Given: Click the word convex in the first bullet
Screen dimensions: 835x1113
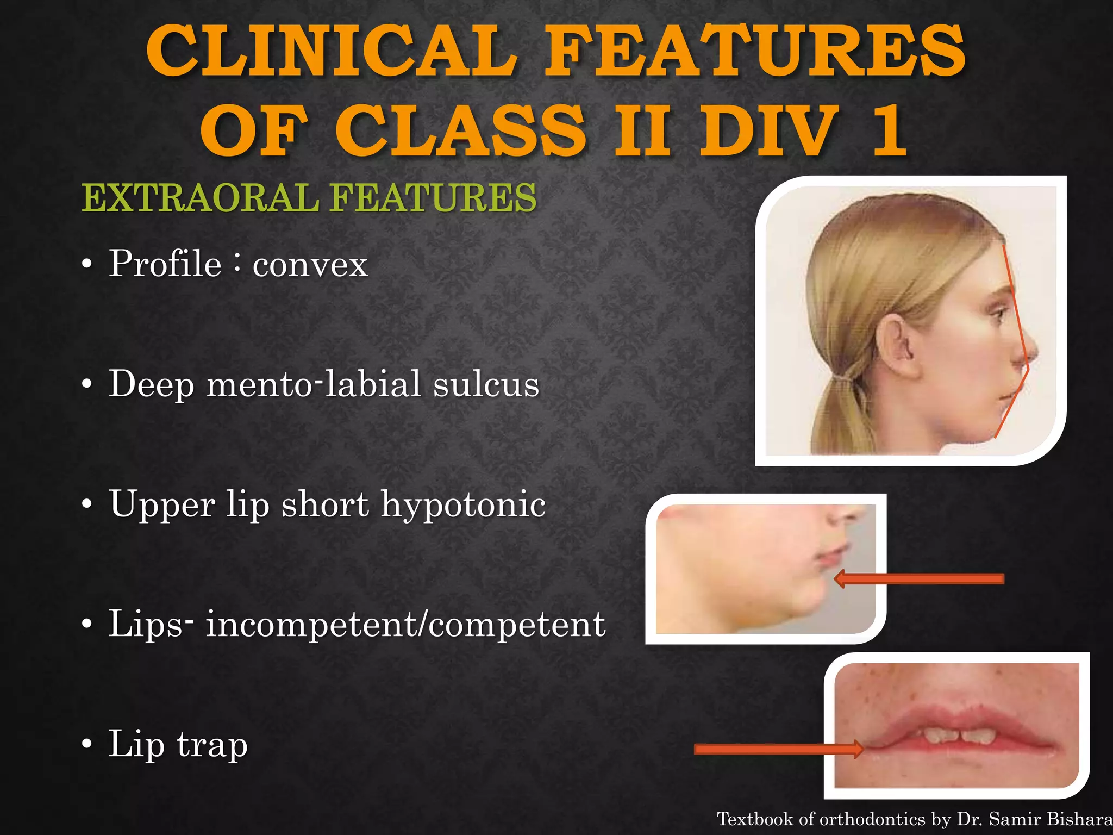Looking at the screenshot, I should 310,265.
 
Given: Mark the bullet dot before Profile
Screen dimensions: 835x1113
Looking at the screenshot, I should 87,265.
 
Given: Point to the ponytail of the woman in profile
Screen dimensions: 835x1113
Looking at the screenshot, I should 837,413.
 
